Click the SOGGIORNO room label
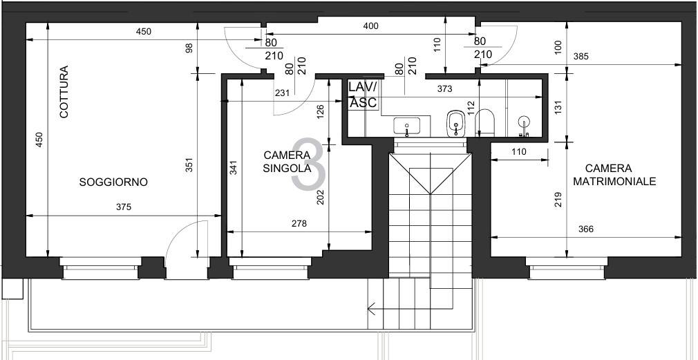[x=113, y=182]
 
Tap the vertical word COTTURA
[x=64, y=92]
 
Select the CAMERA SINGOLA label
[x=287, y=162]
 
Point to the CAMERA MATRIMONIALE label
[x=614, y=175]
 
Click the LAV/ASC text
[x=363, y=95]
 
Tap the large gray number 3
[x=308, y=164]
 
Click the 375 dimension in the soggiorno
[x=124, y=207]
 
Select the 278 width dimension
[x=299, y=224]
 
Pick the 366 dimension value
[x=586, y=229]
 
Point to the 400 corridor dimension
[x=371, y=26]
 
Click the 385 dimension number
[x=581, y=57]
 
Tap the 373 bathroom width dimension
[x=444, y=89]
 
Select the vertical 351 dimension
[x=189, y=165]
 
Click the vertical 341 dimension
[x=234, y=167]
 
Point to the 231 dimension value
[x=283, y=93]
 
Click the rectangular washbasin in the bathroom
[x=407, y=126]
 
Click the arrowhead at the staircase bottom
[x=371, y=308]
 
